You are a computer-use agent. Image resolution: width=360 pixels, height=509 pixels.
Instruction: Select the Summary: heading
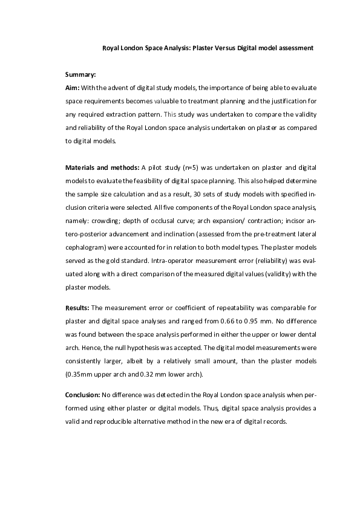(80, 75)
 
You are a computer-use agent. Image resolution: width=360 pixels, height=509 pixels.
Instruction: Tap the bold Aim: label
(72, 87)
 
